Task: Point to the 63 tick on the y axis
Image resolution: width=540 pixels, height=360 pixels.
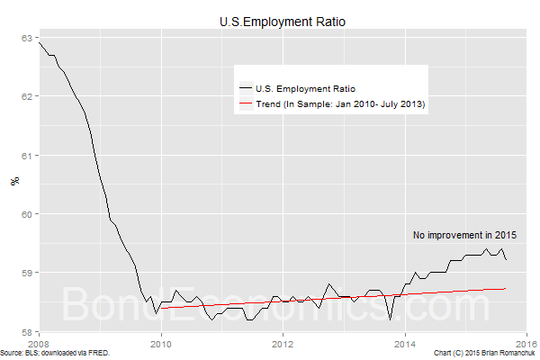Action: [28, 37]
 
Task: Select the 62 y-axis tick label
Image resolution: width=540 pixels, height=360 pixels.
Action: [28, 96]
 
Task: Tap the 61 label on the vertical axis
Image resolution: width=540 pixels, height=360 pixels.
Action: [28, 156]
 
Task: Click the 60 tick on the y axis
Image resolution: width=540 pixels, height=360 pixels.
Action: [28, 214]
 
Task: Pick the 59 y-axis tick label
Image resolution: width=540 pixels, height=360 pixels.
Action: [28, 273]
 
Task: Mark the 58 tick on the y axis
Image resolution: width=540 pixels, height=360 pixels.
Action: [28, 331]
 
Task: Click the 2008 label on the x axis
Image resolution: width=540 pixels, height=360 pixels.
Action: [39, 343]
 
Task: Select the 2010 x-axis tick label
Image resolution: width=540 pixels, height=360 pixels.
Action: [161, 343]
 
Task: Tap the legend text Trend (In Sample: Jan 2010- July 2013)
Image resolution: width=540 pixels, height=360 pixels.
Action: [340, 105]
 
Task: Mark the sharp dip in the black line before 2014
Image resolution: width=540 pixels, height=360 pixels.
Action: [391, 319]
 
